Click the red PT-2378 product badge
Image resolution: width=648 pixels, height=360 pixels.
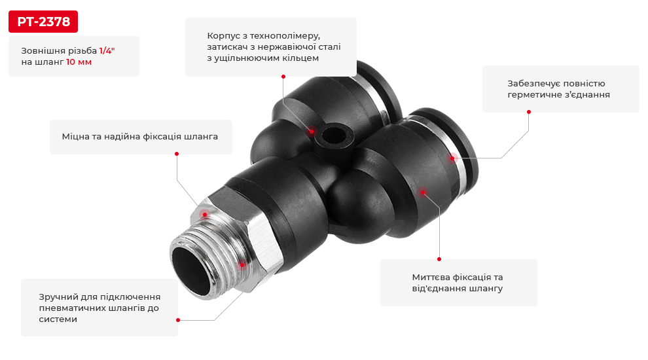tap(43, 22)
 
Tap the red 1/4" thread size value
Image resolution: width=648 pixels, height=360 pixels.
tap(107, 51)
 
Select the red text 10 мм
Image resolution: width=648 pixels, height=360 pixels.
tap(79, 62)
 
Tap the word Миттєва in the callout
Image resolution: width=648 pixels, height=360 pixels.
tap(430, 277)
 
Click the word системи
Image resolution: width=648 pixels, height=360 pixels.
tap(58, 319)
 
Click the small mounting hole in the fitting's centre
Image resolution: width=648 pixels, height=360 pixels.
tap(331, 135)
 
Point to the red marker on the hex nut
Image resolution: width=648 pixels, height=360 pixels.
tap(205, 214)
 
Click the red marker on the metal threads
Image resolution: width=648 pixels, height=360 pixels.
tap(242, 264)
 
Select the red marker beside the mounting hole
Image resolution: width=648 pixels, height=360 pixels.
tap(312, 132)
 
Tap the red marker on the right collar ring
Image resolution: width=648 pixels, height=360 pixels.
tap(452, 158)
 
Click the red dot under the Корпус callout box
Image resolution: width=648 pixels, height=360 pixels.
tap(283, 77)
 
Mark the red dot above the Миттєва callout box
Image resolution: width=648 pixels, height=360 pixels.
tap(439, 259)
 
